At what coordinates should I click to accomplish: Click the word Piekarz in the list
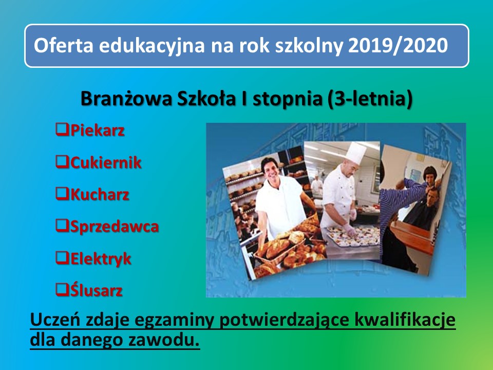coord(97,131)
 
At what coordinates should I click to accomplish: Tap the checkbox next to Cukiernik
coord(62,162)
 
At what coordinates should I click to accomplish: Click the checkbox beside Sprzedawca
coord(62,225)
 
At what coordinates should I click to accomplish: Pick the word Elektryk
coord(100,259)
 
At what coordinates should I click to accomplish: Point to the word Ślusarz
coord(96,289)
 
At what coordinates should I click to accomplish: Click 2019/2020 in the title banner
coord(397,45)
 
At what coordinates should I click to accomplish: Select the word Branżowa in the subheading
coord(126,99)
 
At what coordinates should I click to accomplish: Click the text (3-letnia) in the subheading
coord(370,99)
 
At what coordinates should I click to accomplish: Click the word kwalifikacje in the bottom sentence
coord(405,320)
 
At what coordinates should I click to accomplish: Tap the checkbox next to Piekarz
coord(62,129)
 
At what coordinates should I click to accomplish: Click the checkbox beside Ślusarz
coord(62,289)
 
